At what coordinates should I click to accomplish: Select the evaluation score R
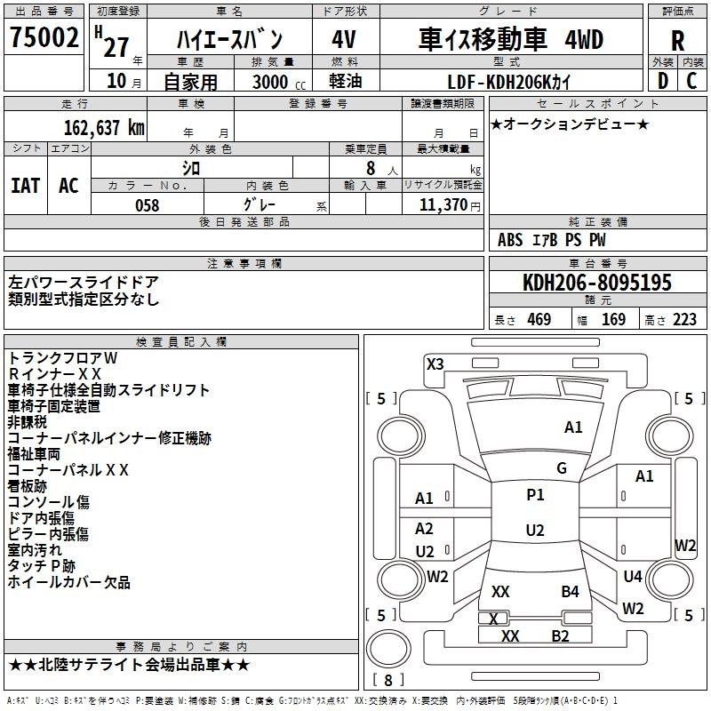[x=677, y=41]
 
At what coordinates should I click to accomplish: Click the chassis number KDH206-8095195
[x=597, y=283]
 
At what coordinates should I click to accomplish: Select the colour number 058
[x=147, y=205]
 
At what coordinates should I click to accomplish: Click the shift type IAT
[x=25, y=186]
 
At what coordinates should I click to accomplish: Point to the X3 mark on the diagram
[x=435, y=363]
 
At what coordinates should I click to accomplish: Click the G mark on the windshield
[x=562, y=468]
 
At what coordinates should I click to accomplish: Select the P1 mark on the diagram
[x=535, y=495]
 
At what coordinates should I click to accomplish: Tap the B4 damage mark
[x=570, y=591]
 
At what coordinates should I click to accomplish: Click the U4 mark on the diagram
[x=632, y=577]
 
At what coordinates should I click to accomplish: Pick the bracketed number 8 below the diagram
[x=387, y=680]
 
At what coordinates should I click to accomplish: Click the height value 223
[x=684, y=320]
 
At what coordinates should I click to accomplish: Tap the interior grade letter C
[x=691, y=82]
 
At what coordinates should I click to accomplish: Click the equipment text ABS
[x=510, y=240]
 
